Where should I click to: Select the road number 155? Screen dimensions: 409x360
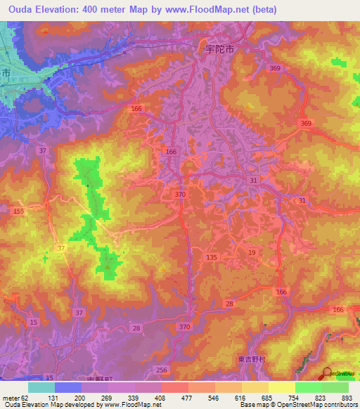(18, 212)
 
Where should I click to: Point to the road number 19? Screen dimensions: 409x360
(251, 252)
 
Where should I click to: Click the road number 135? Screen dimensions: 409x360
(212, 258)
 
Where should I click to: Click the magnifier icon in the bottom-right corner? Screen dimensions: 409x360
(327, 372)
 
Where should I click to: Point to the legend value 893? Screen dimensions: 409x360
(347, 397)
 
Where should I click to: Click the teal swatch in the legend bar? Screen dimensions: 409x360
(41, 387)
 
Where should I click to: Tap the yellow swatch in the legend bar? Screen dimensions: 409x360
(281, 387)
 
